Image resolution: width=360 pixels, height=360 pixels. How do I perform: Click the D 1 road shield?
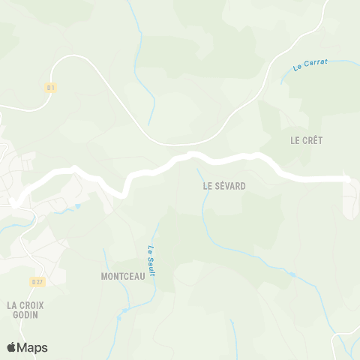pos(51,88)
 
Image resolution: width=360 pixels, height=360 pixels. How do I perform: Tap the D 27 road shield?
pos(38,282)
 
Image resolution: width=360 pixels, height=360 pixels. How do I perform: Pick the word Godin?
pos(25,315)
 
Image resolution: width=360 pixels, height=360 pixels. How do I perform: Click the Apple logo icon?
pos(11,347)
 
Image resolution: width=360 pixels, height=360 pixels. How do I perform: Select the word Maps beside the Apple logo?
pos(32,347)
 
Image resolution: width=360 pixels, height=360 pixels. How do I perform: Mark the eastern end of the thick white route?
pos(348,178)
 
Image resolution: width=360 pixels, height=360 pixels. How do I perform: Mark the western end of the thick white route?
pos(12,202)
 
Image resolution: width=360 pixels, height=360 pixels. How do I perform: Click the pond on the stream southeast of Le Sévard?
pos(292,274)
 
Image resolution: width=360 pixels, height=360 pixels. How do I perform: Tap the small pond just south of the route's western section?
pos(77,205)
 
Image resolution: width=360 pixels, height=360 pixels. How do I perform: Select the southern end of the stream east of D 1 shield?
pos(148,124)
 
